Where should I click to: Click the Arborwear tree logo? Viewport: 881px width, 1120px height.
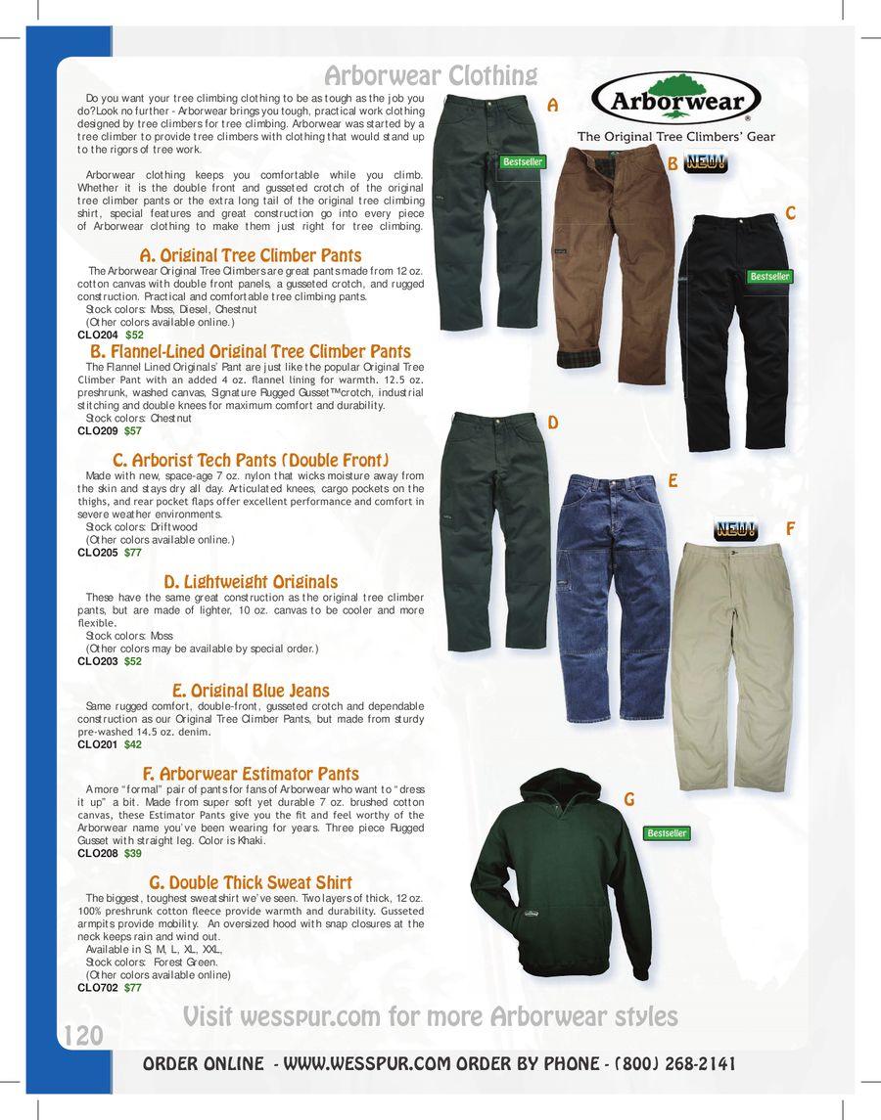(x=675, y=99)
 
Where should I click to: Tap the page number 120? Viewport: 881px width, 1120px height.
(x=83, y=1036)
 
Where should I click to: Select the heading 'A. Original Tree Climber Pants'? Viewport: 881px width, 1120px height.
(x=252, y=256)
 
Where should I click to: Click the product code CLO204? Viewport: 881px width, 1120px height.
(x=97, y=335)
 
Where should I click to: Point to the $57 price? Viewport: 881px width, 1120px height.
(x=132, y=430)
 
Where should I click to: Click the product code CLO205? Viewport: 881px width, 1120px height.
(x=97, y=553)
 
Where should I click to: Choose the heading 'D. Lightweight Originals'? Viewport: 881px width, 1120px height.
(x=251, y=582)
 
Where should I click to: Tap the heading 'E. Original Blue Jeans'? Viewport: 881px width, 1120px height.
(x=251, y=691)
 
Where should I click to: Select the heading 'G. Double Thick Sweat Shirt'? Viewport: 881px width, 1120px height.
(x=251, y=883)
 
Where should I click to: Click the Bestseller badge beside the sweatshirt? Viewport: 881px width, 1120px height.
(x=667, y=833)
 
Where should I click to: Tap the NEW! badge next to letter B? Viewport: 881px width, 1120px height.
(x=706, y=163)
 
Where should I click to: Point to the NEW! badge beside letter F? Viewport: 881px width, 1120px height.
(x=735, y=530)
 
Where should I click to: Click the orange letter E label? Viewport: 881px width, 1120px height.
(x=673, y=481)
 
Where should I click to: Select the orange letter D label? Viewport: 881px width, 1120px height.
(x=553, y=423)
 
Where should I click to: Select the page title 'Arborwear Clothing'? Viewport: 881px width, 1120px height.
(x=431, y=75)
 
